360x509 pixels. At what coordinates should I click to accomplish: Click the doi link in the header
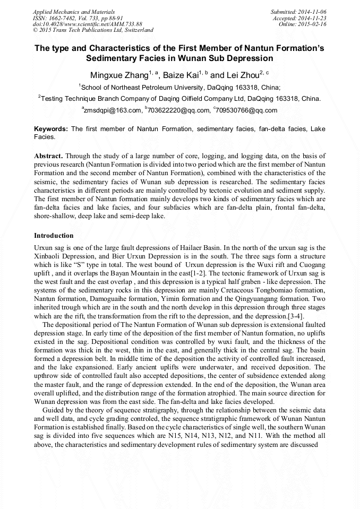tap(87, 24)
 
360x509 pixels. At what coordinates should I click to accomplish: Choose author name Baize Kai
tap(181, 75)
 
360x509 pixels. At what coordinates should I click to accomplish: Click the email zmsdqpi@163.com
tap(113, 110)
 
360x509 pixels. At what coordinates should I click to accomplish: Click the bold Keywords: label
tap(51, 129)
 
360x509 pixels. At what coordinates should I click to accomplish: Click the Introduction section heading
tap(54, 235)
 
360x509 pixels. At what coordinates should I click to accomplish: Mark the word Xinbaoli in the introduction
tap(48, 256)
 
